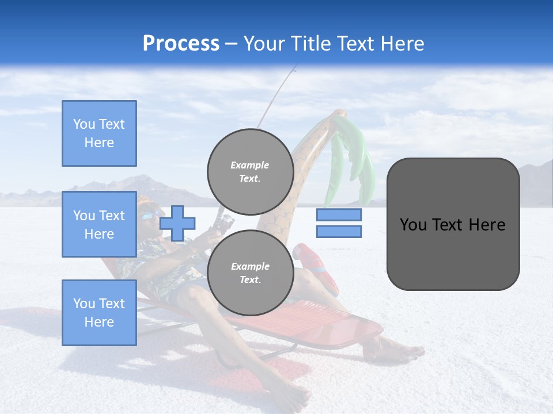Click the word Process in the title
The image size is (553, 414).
coord(181,44)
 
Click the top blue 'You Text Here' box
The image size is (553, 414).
coord(99,133)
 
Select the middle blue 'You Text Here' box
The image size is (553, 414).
coord(99,224)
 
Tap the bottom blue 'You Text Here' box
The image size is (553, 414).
coord(99,312)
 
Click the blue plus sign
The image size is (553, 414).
coord(177,223)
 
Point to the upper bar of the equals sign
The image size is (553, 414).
coord(339,214)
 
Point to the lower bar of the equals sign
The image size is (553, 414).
coord(339,232)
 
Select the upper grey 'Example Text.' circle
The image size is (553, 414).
coord(250,171)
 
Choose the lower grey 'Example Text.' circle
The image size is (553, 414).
coord(250,273)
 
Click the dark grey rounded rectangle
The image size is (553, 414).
coord(453,224)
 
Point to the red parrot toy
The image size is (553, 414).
coord(317,265)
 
